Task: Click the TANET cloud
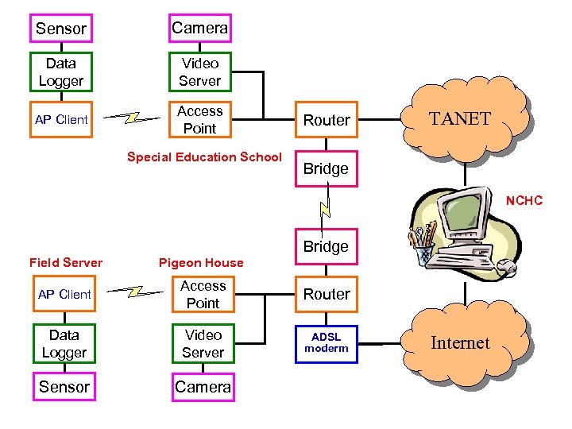tap(461, 119)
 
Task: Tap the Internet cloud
tap(461, 343)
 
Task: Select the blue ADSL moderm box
tap(326, 343)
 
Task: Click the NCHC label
tap(524, 201)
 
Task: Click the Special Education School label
tap(204, 157)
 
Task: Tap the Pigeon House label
tap(201, 262)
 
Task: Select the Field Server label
tap(66, 262)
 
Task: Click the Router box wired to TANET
tap(326, 120)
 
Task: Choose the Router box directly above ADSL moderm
tap(326, 294)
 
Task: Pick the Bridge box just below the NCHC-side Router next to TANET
tap(326, 168)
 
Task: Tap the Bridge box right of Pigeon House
tap(326, 246)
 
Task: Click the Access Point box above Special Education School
tap(200, 119)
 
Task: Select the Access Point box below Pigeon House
tap(203, 294)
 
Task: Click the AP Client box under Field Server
tap(64, 294)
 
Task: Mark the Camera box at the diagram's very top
tap(200, 28)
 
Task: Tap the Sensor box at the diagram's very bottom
tap(64, 387)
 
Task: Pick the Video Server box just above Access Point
tap(200, 71)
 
